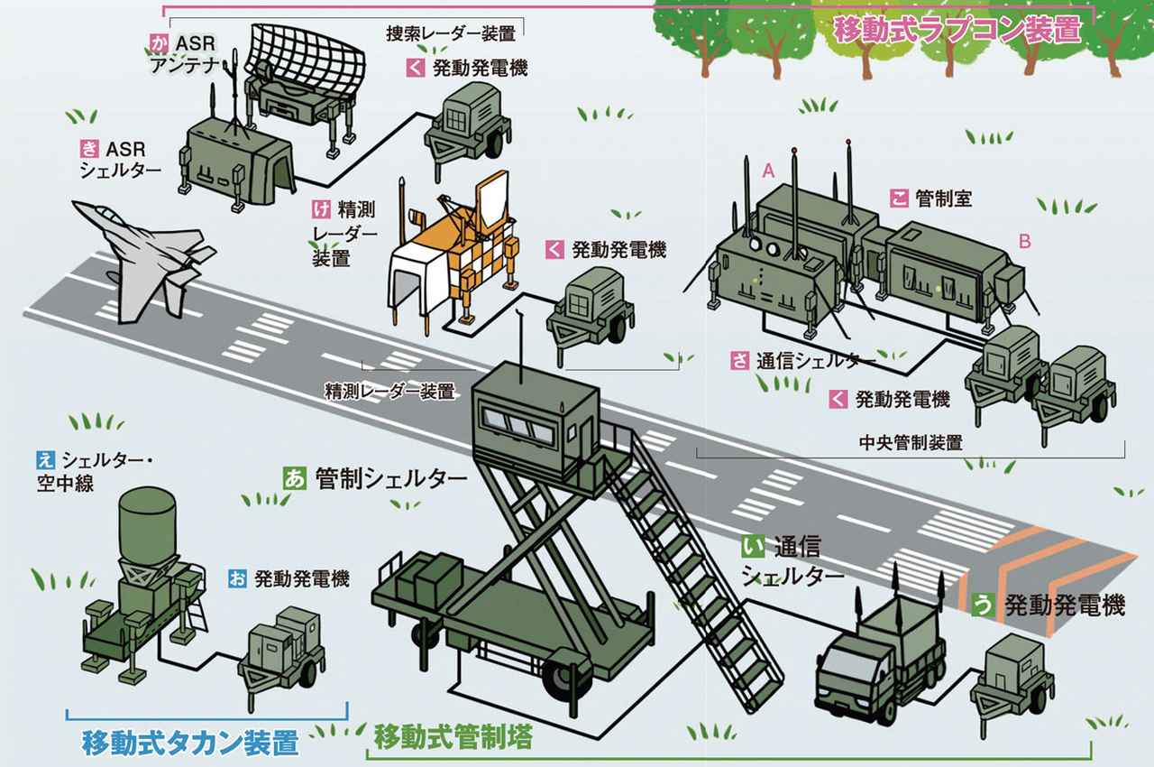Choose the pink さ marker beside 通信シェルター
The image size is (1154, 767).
740,361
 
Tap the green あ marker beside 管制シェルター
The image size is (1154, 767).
294,477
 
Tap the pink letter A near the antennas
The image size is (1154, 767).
769,170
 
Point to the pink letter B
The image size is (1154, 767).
1024,242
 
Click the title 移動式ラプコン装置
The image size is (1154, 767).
957,30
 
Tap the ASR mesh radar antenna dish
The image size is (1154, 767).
307,55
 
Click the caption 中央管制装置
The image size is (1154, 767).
911,443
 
